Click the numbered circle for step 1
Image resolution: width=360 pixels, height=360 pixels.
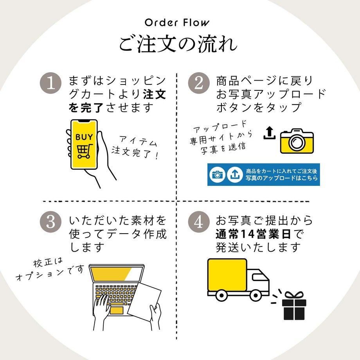click(x=51, y=84)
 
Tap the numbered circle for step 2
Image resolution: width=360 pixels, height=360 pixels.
click(x=198, y=84)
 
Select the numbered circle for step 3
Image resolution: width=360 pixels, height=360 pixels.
click(x=51, y=222)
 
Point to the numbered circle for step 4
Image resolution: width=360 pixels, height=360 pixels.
click(x=198, y=222)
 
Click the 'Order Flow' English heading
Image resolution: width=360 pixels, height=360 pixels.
click(x=177, y=22)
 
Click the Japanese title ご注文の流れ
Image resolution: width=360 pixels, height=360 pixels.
click(x=178, y=43)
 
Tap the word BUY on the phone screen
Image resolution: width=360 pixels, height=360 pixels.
click(x=84, y=137)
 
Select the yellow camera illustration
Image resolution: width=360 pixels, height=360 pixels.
click(x=297, y=141)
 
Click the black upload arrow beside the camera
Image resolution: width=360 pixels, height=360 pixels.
click(x=269, y=133)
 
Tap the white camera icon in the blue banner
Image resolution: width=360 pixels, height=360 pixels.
click(x=217, y=175)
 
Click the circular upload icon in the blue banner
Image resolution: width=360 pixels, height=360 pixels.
click(x=235, y=175)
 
